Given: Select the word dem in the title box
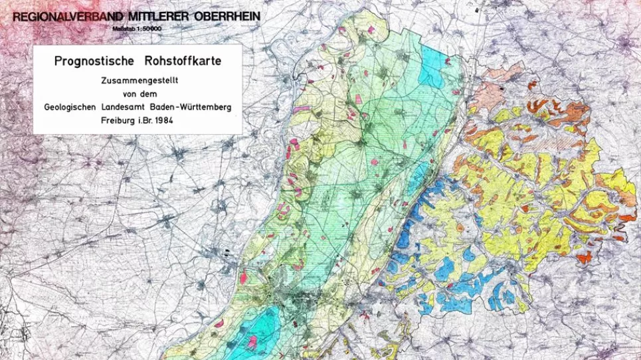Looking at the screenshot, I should point(151,94).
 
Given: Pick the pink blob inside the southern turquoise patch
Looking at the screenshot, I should point(253,341).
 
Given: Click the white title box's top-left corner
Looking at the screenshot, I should point(33,46).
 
